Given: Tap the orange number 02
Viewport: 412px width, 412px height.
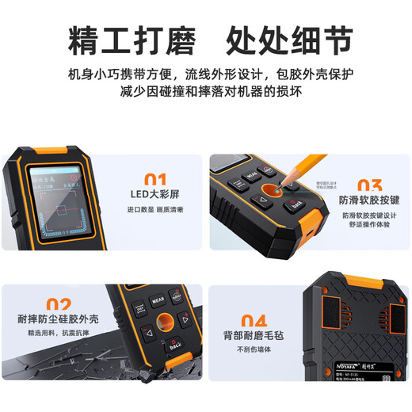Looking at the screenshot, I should tap(58, 304).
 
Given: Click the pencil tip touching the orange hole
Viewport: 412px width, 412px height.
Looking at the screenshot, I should tap(283, 188).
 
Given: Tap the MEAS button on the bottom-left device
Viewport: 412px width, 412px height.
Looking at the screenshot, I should tap(158, 302).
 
